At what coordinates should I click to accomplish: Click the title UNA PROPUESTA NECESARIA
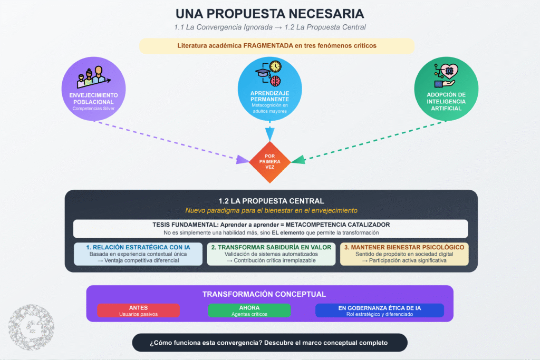pyautogui.click(x=269, y=14)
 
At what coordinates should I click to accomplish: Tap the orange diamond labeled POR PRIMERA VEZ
pyautogui.click(x=269, y=162)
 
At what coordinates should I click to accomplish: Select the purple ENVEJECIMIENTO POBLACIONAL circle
pyautogui.click(x=93, y=89)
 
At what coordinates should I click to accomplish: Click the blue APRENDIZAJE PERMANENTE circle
pyautogui.click(x=269, y=89)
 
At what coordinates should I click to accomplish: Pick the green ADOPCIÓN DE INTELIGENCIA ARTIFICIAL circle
pyautogui.click(x=446, y=89)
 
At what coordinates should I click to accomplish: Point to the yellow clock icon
pyautogui.click(x=275, y=66)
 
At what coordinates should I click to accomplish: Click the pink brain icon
pyautogui.click(x=275, y=81)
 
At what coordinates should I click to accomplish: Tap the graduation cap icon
pyautogui.click(x=263, y=73)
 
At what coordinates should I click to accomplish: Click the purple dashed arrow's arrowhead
pyautogui.click(x=243, y=160)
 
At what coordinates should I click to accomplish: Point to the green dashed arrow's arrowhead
pyautogui.click(x=298, y=159)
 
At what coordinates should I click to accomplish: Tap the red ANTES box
pyautogui.click(x=139, y=310)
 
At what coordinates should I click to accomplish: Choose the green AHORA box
pyautogui.click(x=249, y=310)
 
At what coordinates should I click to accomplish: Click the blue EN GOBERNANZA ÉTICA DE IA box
pyautogui.click(x=380, y=310)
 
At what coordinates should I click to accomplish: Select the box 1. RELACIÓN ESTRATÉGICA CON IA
pyautogui.click(x=138, y=254)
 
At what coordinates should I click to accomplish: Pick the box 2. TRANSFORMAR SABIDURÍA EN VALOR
pyautogui.click(x=271, y=254)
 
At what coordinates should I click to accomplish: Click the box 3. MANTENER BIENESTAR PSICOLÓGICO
pyautogui.click(x=404, y=254)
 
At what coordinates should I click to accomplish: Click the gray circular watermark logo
pyautogui.click(x=31, y=327)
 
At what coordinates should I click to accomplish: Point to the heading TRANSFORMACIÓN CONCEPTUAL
pyautogui.click(x=264, y=294)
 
